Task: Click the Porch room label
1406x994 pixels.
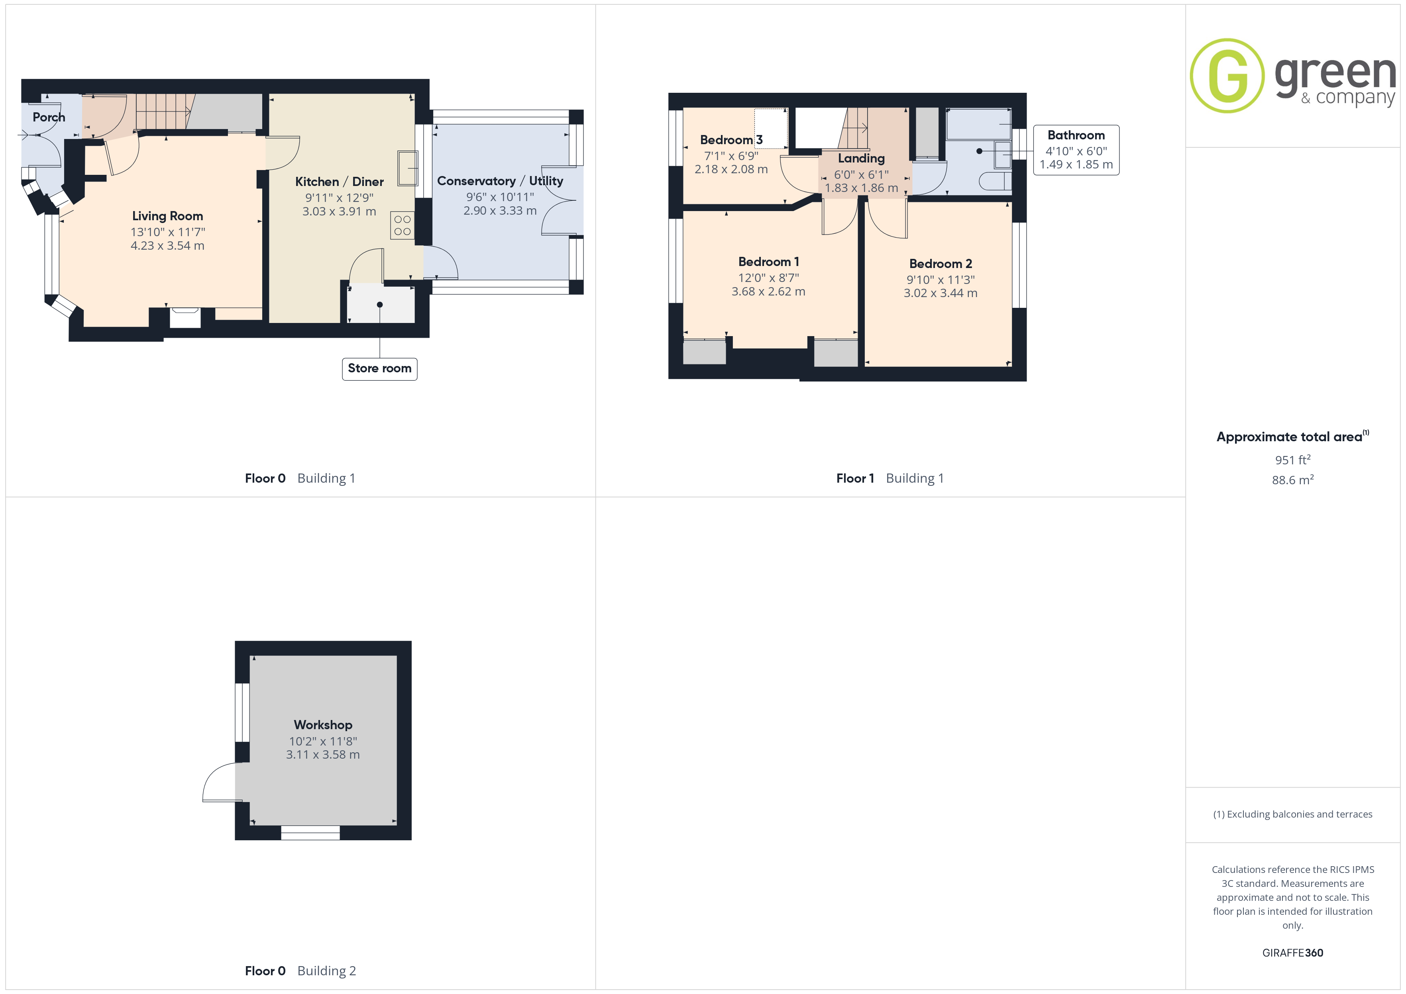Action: click(49, 117)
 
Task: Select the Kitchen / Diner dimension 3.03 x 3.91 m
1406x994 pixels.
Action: click(339, 211)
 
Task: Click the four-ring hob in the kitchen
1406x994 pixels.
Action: click(403, 225)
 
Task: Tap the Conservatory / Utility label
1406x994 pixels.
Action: click(500, 181)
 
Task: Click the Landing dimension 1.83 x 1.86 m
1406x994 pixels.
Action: click(862, 188)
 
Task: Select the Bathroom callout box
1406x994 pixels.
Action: click(1076, 150)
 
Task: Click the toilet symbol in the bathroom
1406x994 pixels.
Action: click(995, 181)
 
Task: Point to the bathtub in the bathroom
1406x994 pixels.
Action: click(978, 124)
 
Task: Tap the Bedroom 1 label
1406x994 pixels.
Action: click(768, 262)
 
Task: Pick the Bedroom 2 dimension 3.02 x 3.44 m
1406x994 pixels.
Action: click(941, 293)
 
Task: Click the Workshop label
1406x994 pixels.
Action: click(323, 725)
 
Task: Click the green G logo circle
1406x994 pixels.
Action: click(1227, 76)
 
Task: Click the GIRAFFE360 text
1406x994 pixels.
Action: click(1293, 953)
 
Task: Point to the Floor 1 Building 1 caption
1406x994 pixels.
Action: click(890, 479)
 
